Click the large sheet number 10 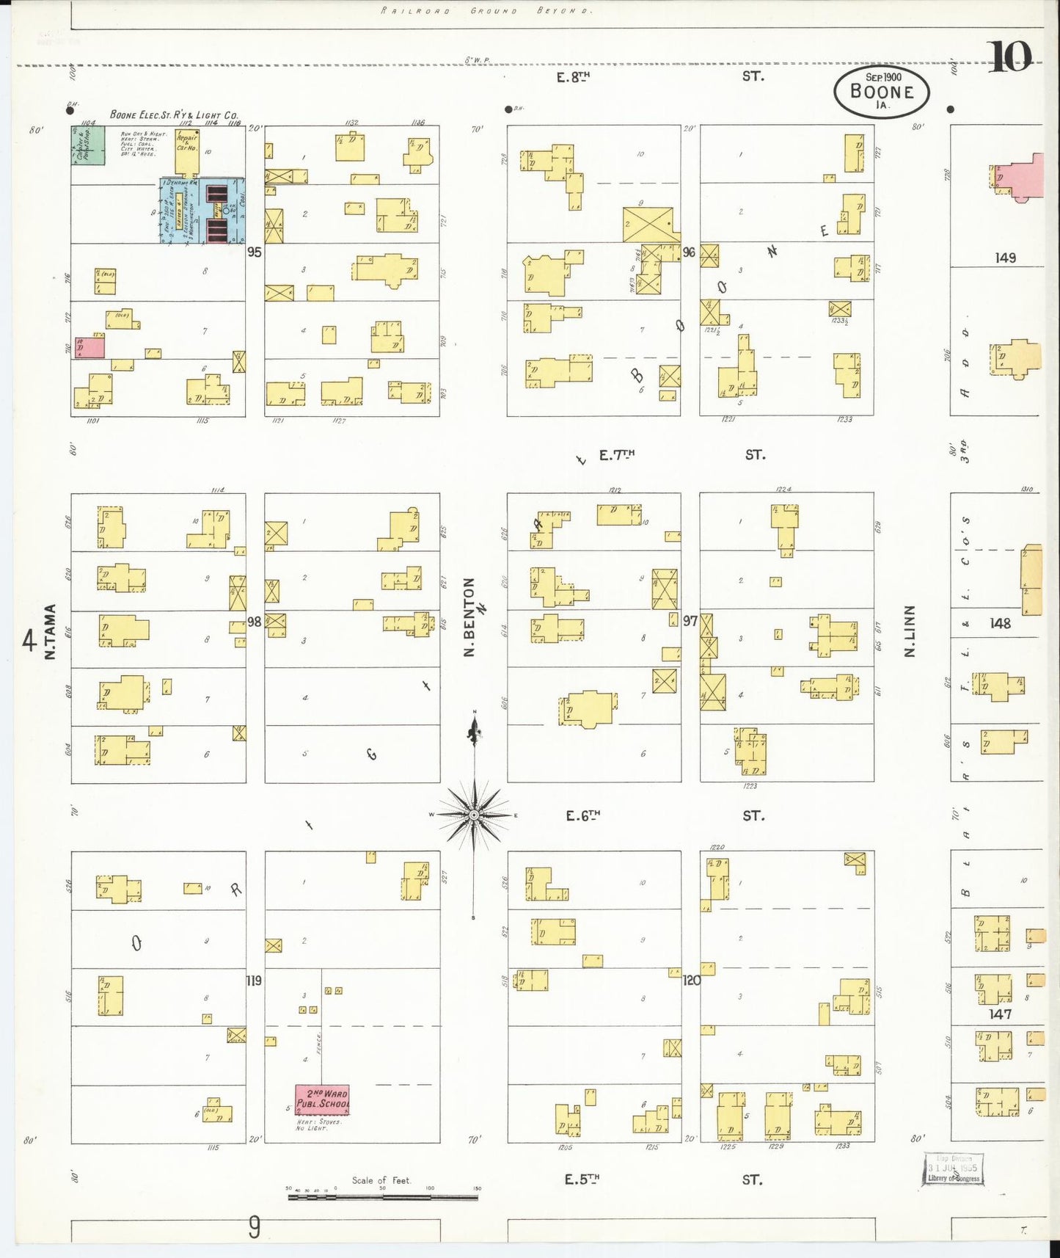click(1010, 57)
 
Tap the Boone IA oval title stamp click(881, 92)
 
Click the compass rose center click(475, 815)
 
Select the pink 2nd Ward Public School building click(322, 1099)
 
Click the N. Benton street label click(469, 617)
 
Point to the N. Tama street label click(51, 631)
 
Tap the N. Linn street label click(910, 631)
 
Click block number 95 click(255, 252)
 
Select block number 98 click(254, 622)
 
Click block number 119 click(254, 980)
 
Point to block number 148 click(1000, 623)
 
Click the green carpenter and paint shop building click(88, 145)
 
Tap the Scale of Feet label click(381, 1180)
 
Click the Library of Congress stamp click(953, 1169)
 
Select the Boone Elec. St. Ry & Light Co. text click(174, 115)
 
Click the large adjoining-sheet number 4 click(29, 641)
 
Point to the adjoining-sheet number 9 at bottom click(254, 1226)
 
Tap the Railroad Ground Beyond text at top click(486, 11)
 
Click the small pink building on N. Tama click(89, 347)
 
